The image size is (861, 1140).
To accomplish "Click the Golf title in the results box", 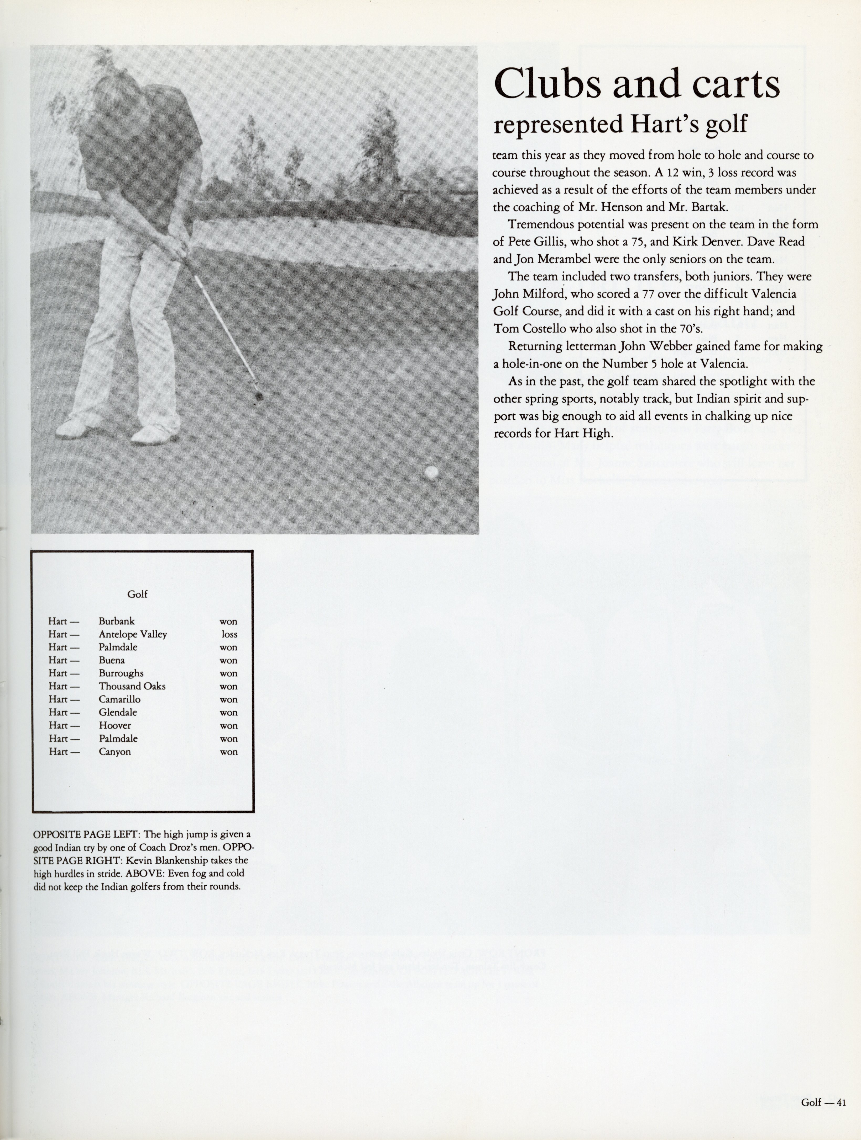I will pyautogui.click(x=137, y=594).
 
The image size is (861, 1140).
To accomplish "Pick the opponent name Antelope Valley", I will pyautogui.click(x=133, y=634).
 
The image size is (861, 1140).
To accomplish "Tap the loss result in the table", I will pyautogui.click(x=229, y=634).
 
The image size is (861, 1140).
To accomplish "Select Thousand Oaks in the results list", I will pyautogui.click(x=132, y=687).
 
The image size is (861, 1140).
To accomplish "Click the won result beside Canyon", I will pyautogui.click(x=228, y=752).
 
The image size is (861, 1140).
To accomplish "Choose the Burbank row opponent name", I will pyautogui.click(x=117, y=622).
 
